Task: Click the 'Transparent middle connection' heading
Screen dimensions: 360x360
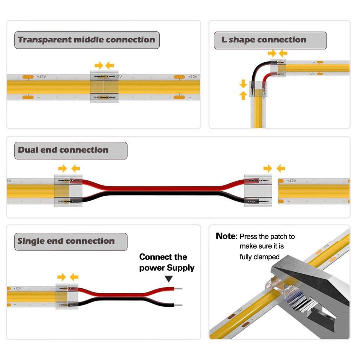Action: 87,40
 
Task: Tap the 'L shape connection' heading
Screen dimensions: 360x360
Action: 264,40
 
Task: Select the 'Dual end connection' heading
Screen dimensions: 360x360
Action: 63,150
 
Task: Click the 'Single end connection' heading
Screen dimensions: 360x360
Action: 66,241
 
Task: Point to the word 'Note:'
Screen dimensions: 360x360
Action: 226,236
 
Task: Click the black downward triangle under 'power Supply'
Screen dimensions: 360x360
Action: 169,279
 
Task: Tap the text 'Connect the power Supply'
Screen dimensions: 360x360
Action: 166,262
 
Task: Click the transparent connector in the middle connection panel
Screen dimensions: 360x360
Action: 105,87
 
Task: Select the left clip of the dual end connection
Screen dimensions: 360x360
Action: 68,191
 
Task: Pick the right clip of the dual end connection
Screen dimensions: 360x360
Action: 258,191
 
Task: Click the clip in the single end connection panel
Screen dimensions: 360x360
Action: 67,297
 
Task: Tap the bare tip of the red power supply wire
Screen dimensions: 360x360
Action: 178,289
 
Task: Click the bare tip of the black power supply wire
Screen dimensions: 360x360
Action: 178,305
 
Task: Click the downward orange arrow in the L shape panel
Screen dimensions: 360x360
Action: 243,84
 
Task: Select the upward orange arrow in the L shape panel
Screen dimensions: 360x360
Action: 243,95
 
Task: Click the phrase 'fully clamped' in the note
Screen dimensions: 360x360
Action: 259,256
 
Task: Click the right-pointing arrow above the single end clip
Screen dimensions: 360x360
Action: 61,277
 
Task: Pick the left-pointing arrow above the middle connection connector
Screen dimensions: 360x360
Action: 109,65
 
